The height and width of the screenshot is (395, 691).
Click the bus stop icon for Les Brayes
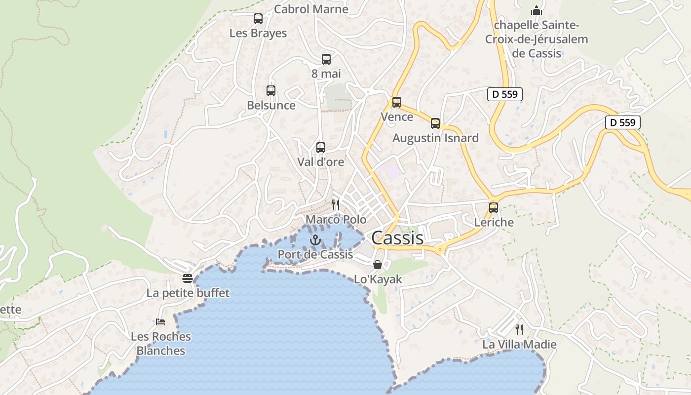[x=258, y=19]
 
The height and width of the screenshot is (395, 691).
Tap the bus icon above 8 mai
[x=326, y=59]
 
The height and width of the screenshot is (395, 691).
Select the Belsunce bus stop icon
[x=271, y=91]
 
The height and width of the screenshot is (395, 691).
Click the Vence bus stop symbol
[x=397, y=102]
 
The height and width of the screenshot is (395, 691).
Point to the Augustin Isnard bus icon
[x=435, y=123]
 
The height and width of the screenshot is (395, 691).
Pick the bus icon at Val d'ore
[x=321, y=147]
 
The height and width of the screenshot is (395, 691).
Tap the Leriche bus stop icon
[x=494, y=208]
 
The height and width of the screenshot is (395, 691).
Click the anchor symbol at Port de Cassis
[x=315, y=240]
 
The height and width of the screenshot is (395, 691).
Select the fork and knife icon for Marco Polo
[x=336, y=205]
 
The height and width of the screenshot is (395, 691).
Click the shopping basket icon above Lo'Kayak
[x=378, y=265]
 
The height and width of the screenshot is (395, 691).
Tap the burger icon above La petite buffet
[x=188, y=278]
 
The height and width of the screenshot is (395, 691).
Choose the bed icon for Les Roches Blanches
[x=160, y=322]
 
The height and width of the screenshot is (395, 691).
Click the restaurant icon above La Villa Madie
[x=519, y=330]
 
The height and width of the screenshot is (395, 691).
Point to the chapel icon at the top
[x=537, y=10]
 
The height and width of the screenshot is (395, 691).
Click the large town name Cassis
[x=397, y=238]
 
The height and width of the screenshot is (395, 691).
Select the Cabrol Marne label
[x=311, y=9]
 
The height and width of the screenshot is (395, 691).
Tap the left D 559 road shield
[x=505, y=94]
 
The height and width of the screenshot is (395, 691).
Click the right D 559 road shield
[x=623, y=122]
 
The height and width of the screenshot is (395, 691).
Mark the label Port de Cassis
[x=315, y=254]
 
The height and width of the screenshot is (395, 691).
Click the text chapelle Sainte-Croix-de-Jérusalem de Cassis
[x=537, y=39]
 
